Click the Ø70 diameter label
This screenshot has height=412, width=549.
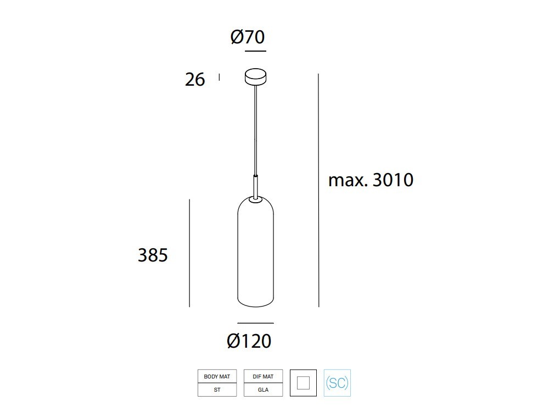[248, 37]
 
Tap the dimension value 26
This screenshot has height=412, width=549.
[195, 80]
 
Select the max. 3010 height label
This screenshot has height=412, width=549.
[371, 180]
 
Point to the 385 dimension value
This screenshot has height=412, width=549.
[153, 255]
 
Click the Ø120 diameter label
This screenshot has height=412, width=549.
[249, 341]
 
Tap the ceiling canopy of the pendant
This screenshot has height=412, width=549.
[255, 76]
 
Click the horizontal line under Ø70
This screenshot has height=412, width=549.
[255, 51]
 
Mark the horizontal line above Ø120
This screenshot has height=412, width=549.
[255, 323]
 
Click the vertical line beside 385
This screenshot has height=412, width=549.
[189, 253]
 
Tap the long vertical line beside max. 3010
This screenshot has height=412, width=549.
[318, 190]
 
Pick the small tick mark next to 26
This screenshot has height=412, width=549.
[219, 77]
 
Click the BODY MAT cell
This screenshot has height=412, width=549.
[217, 376]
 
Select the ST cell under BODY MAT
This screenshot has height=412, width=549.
[217, 389]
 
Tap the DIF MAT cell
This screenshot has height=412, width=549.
[263, 376]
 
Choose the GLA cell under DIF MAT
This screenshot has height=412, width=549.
[263, 389]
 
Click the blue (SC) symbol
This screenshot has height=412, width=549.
[337, 383]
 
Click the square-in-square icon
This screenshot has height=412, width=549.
[303, 383]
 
